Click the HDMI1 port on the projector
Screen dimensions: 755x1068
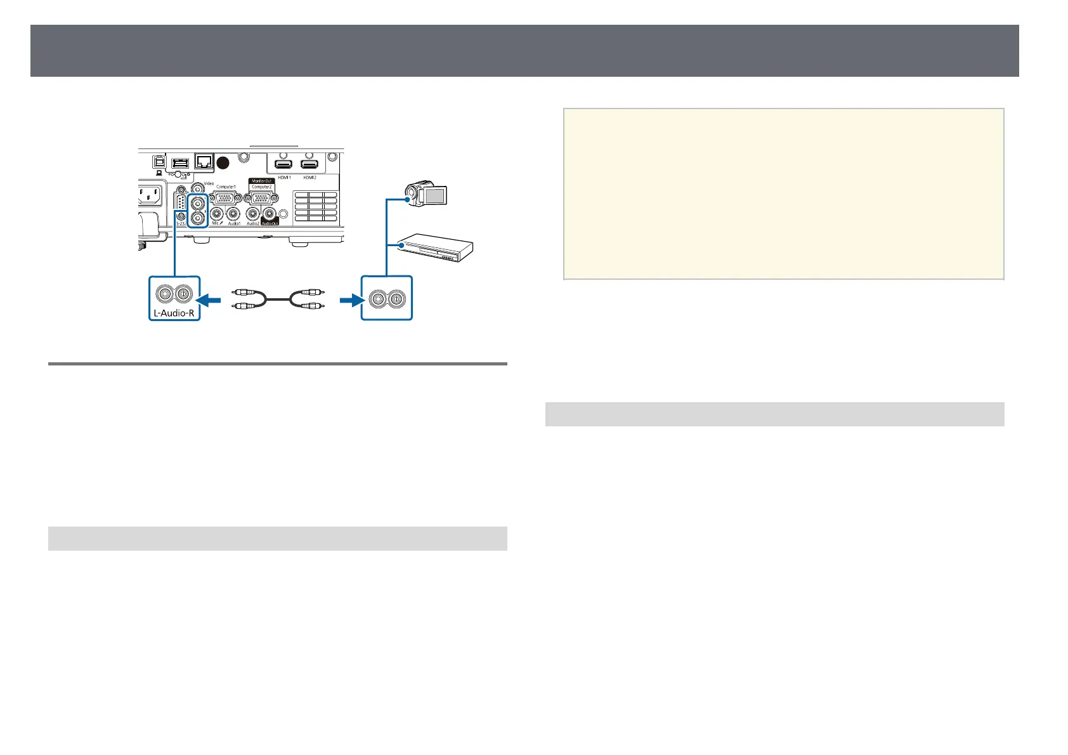[x=283, y=164]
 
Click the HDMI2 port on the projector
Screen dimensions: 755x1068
[x=309, y=164]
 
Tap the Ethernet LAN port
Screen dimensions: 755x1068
[x=204, y=161]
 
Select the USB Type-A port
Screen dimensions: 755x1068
[x=180, y=163]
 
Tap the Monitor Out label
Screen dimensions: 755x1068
[x=261, y=181]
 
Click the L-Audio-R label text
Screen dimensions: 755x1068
[x=174, y=312]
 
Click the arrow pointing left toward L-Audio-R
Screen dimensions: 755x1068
[x=209, y=298]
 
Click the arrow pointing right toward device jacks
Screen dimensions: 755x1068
[x=349, y=298]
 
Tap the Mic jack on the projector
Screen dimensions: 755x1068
[x=217, y=214]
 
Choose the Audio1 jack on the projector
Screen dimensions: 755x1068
[x=233, y=214]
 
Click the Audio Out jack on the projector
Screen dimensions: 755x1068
[x=271, y=214]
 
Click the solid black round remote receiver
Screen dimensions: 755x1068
[x=223, y=162]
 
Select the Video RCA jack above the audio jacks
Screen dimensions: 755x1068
[x=199, y=187]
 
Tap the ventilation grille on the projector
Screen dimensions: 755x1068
[x=315, y=207]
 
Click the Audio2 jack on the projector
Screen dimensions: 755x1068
[x=254, y=214]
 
